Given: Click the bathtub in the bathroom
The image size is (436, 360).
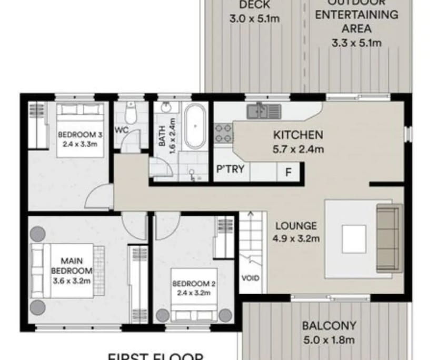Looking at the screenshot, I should click(196, 126).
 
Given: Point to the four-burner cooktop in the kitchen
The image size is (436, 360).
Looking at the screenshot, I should click(224, 132).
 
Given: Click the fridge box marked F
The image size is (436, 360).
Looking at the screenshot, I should click(289, 171).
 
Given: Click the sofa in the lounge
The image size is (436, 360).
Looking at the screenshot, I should click(388, 238).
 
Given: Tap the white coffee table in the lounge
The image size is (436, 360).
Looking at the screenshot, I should click(354, 239).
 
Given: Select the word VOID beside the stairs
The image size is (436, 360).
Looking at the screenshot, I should click(250, 278).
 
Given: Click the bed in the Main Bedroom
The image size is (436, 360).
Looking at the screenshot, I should click(63, 271).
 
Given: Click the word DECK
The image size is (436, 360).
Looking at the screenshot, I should click(254, 5).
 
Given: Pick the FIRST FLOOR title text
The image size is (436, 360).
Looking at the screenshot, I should click(155, 356).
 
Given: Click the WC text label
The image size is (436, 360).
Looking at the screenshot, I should click(121, 129).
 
